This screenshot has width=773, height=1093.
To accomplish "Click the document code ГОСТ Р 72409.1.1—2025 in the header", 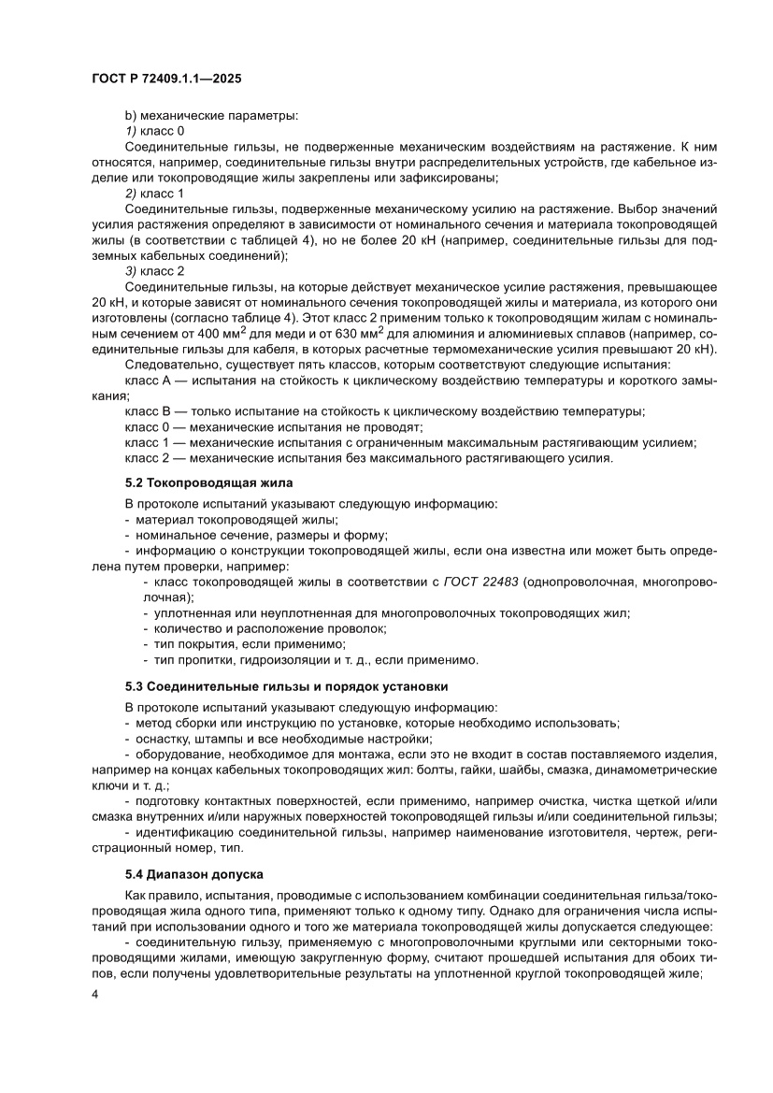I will pyautogui.click(x=167, y=80).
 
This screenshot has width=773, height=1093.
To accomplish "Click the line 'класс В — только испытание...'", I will pyautogui.click(x=383, y=410).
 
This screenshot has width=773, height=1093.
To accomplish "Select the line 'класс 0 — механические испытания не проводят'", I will pyautogui.click(x=273, y=426).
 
